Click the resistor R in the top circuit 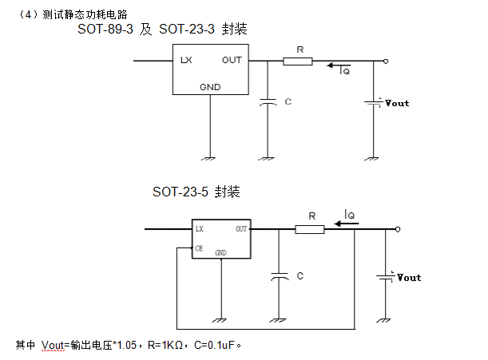(x=297, y=61)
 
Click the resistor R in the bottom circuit (x=310, y=229)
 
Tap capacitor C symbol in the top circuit (x=269, y=102)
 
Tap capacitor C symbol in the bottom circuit (x=279, y=276)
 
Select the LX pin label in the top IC (x=186, y=61)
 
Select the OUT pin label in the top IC (x=232, y=61)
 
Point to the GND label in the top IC (x=210, y=86)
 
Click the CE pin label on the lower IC (x=200, y=248)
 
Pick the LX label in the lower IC (x=200, y=229)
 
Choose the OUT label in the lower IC (x=241, y=229)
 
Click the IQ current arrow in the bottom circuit (x=347, y=224)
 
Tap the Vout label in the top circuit (x=397, y=103)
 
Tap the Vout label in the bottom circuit (x=409, y=278)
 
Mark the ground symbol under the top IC (x=210, y=157)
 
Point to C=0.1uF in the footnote (x=216, y=345)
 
